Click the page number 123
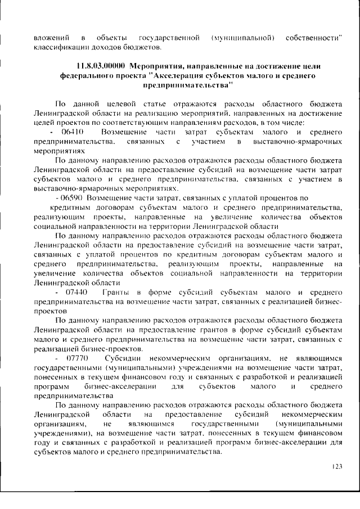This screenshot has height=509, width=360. [337, 466]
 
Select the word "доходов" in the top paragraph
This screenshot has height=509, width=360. [106, 47]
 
